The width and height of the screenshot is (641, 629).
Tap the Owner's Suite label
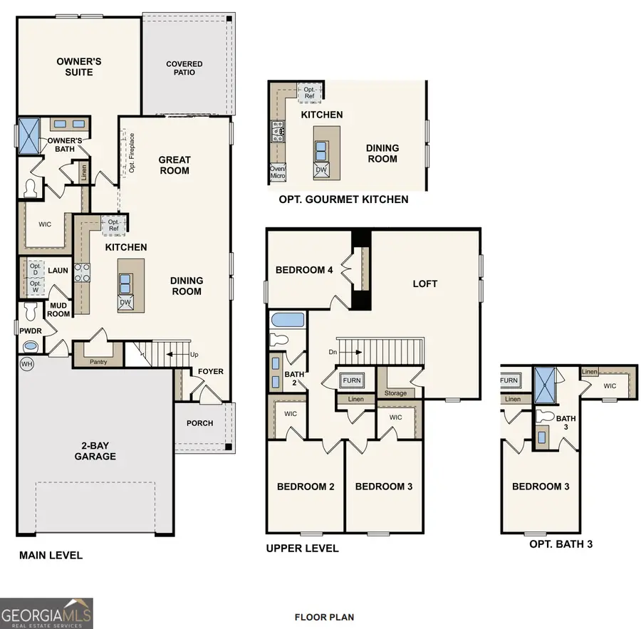pyautogui.click(x=79, y=67)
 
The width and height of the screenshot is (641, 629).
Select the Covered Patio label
pyautogui.click(x=184, y=68)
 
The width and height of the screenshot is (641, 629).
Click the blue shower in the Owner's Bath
pyautogui.click(x=31, y=135)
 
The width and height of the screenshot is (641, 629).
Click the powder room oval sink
pyautogui.click(x=31, y=346)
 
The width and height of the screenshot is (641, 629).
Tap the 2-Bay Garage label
pyautogui.click(x=95, y=451)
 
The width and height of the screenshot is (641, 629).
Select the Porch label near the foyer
pyautogui.click(x=200, y=423)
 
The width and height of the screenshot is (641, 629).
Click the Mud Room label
pyautogui.click(x=58, y=310)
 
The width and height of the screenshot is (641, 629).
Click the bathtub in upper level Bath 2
pyautogui.click(x=288, y=319)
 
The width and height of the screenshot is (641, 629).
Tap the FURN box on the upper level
pyautogui.click(x=352, y=381)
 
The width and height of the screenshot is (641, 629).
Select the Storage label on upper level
pyautogui.click(x=396, y=393)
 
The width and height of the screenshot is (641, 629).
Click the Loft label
pyautogui.click(x=425, y=284)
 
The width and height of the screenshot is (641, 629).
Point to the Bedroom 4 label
pyautogui.click(x=304, y=270)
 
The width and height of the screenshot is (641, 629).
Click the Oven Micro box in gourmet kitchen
pyautogui.click(x=278, y=172)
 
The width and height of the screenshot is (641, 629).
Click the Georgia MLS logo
pyautogui.click(x=47, y=613)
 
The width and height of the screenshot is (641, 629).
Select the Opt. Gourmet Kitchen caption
pyautogui.click(x=344, y=199)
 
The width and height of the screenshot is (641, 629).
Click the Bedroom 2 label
pyautogui.click(x=306, y=487)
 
